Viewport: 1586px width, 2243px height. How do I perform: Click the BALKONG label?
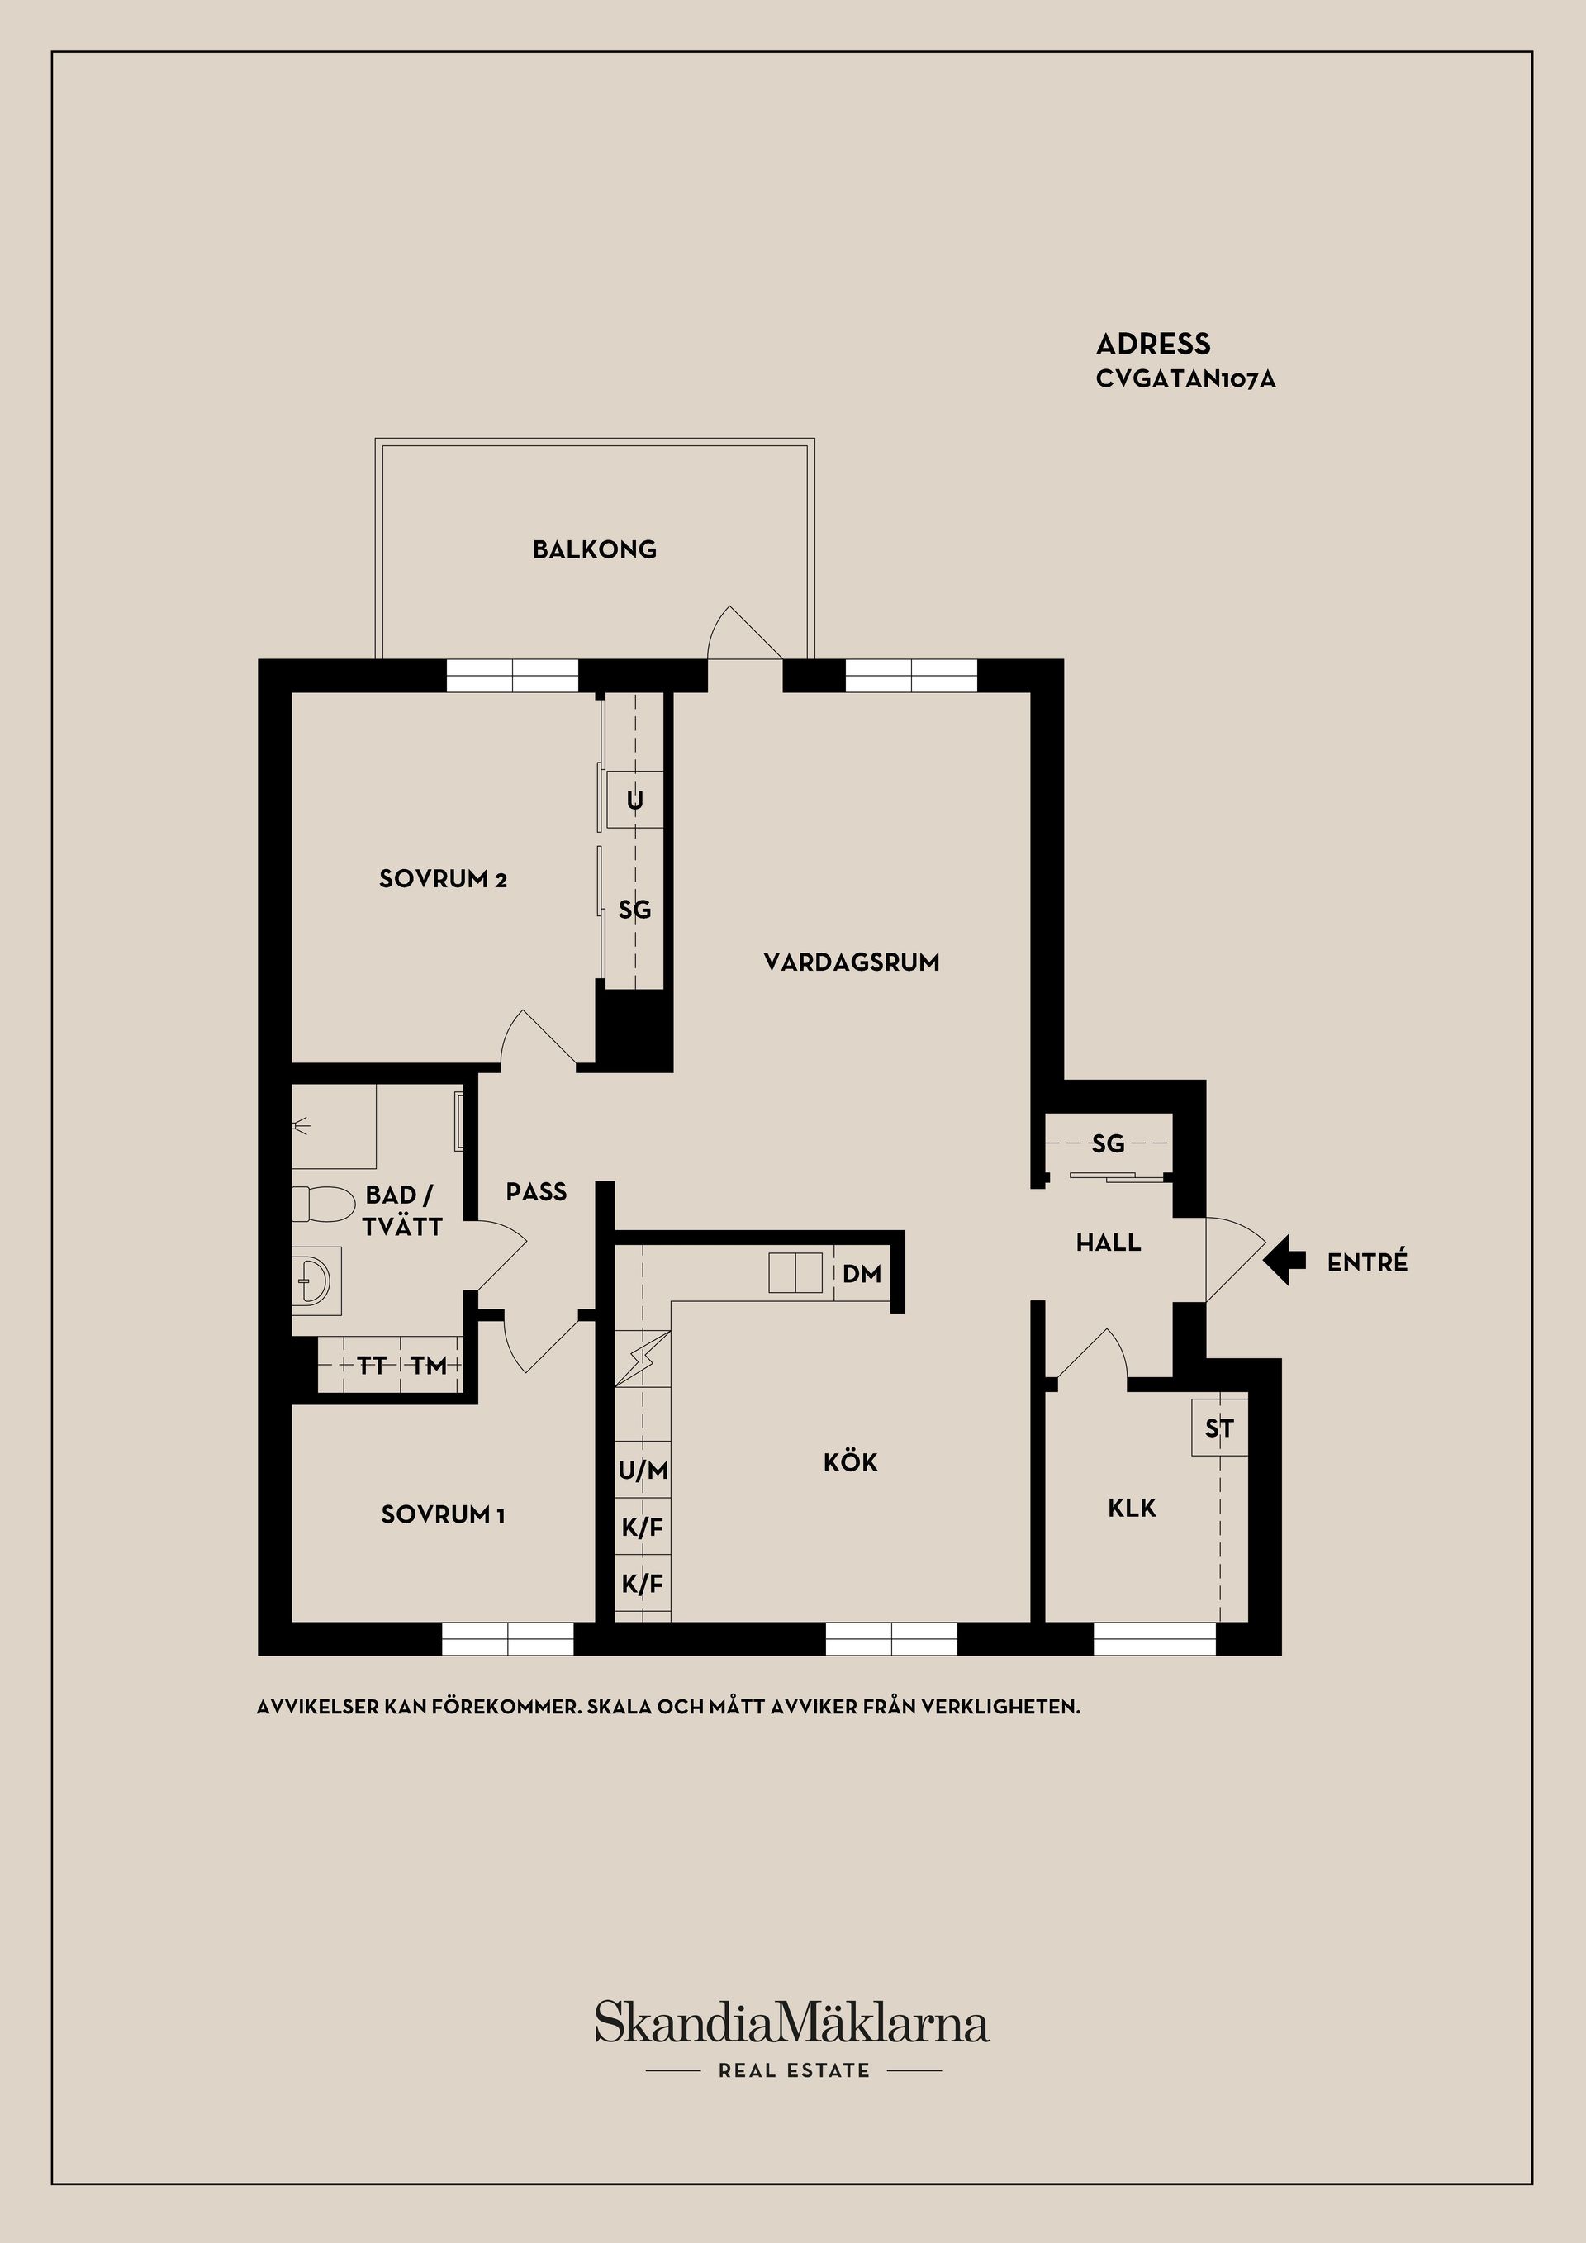click(x=595, y=550)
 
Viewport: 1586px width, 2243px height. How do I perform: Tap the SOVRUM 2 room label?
click(x=444, y=879)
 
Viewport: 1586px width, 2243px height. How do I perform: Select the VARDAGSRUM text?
click(x=852, y=962)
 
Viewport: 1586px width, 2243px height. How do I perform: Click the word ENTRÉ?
click(x=1367, y=1262)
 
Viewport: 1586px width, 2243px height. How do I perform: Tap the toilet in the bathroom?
click(x=322, y=1205)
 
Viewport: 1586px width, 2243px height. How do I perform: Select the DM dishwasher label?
click(x=862, y=1274)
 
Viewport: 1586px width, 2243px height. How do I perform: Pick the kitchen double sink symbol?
click(x=797, y=1273)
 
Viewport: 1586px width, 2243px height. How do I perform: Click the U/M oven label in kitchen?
click(x=643, y=1471)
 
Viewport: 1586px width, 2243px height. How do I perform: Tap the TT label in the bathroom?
click(x=371, y=1366)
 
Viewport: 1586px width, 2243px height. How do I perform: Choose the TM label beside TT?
click(x=429, y=1366)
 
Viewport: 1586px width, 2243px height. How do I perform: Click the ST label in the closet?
click(x=1218, y=1429)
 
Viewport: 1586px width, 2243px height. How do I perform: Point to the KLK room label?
click(x=1132, y=1509)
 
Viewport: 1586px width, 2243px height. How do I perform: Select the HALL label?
click(x=1109, y=1243)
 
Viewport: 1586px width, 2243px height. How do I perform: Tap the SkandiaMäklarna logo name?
click(x=792, y=2023)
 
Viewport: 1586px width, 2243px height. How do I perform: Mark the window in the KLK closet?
click(x=1154, y=1639)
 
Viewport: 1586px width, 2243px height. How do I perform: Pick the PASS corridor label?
click(x=536, y=1192)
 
